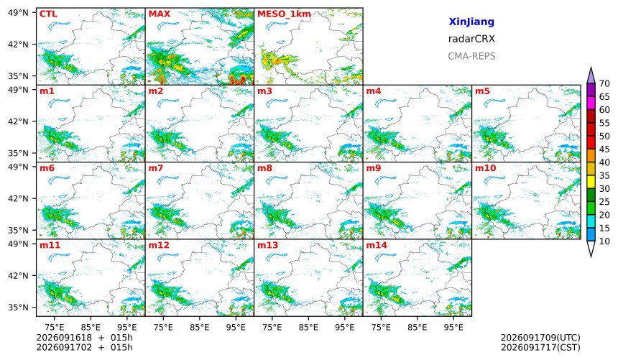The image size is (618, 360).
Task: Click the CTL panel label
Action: pos(48,14)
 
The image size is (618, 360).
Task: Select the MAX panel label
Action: pos(160,14)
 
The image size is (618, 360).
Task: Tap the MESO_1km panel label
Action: pos(284,14)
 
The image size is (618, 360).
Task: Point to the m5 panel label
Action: pos(482,91)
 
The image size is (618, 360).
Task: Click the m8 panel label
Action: pos(264,168)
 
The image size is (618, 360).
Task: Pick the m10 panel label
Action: pos(485,168)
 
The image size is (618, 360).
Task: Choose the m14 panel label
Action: pos(377,245)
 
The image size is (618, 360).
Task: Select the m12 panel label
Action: pos(158,245)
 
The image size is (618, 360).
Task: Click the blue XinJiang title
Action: pos(471,22)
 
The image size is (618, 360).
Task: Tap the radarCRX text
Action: pos(471,39)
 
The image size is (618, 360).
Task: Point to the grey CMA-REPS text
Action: pos(471,56)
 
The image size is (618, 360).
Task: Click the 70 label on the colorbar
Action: pos(604,83)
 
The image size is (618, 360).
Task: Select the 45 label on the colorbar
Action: pos(604,149)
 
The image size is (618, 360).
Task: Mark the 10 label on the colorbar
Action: pos(604,241)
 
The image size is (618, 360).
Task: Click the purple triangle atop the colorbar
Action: pos(591,75)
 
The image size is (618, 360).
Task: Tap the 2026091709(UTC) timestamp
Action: pos(540,338)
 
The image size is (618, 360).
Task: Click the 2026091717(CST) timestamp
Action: pos(540,347)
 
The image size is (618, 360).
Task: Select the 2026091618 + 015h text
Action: pos(84,338)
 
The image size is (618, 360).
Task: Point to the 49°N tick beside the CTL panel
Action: pos(19,13)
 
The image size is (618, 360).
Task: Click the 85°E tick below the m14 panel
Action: pos(417,327)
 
